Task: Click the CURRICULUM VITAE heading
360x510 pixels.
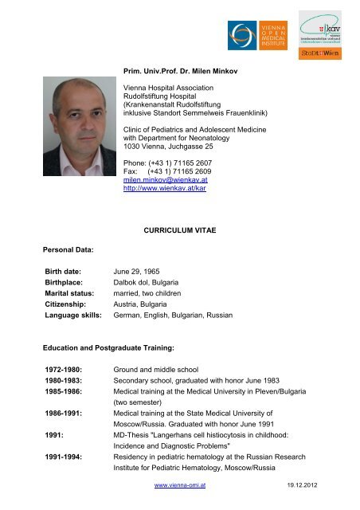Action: click(x=178, y=232)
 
